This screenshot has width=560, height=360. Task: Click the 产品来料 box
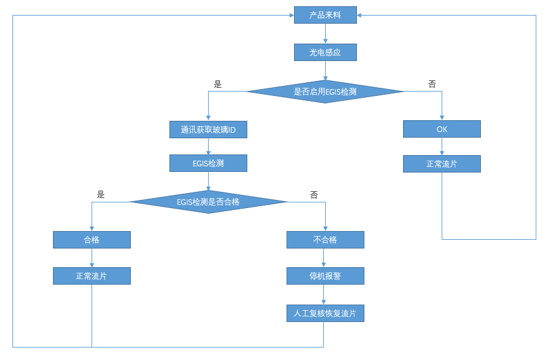pyautogui.click(x=325, y=15)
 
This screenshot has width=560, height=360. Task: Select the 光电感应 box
pyautogui.click(x=325, y=52)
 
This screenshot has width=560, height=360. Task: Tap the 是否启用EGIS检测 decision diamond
pyautogui.click(x=325, y=92)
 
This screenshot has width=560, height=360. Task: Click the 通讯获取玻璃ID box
pyautogui.click(x=208, y=130)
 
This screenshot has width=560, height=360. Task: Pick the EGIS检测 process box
pyautogui.click(x=208, y=163)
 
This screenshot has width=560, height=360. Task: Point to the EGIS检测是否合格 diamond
pyautogui.click(x=208, y=202)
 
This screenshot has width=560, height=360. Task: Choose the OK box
pyautogui.click(x=442, y=129)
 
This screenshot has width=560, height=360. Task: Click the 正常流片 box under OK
pyautogui.click(x=442, y=164)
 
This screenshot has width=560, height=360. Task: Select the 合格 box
pyautogui.click(x=92, y=240)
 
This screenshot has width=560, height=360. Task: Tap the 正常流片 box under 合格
pyautogui.click(x=92, y=276)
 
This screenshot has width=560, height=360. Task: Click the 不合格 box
pyautogui.click(x=325, y=240)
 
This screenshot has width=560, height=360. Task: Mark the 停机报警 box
pyautogui.click(x=325, y=276)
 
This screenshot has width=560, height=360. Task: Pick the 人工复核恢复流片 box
pyautogui.click(x=325, y=313)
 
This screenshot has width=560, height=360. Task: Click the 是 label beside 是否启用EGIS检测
pyautogui.click(x=217, y=84)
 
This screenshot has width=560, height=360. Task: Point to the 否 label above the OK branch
pyautogui.click(x=432, y=84)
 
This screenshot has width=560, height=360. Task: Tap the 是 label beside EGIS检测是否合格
pyautogui.click(x=101, y=194)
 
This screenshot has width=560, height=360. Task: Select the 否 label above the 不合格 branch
pyautogui.click(x=314, y=194)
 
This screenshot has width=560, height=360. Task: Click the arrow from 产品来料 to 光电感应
pyautogui.click(x=325, y=34)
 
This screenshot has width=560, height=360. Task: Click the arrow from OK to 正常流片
pyautogui.click(x=442, y=146)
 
